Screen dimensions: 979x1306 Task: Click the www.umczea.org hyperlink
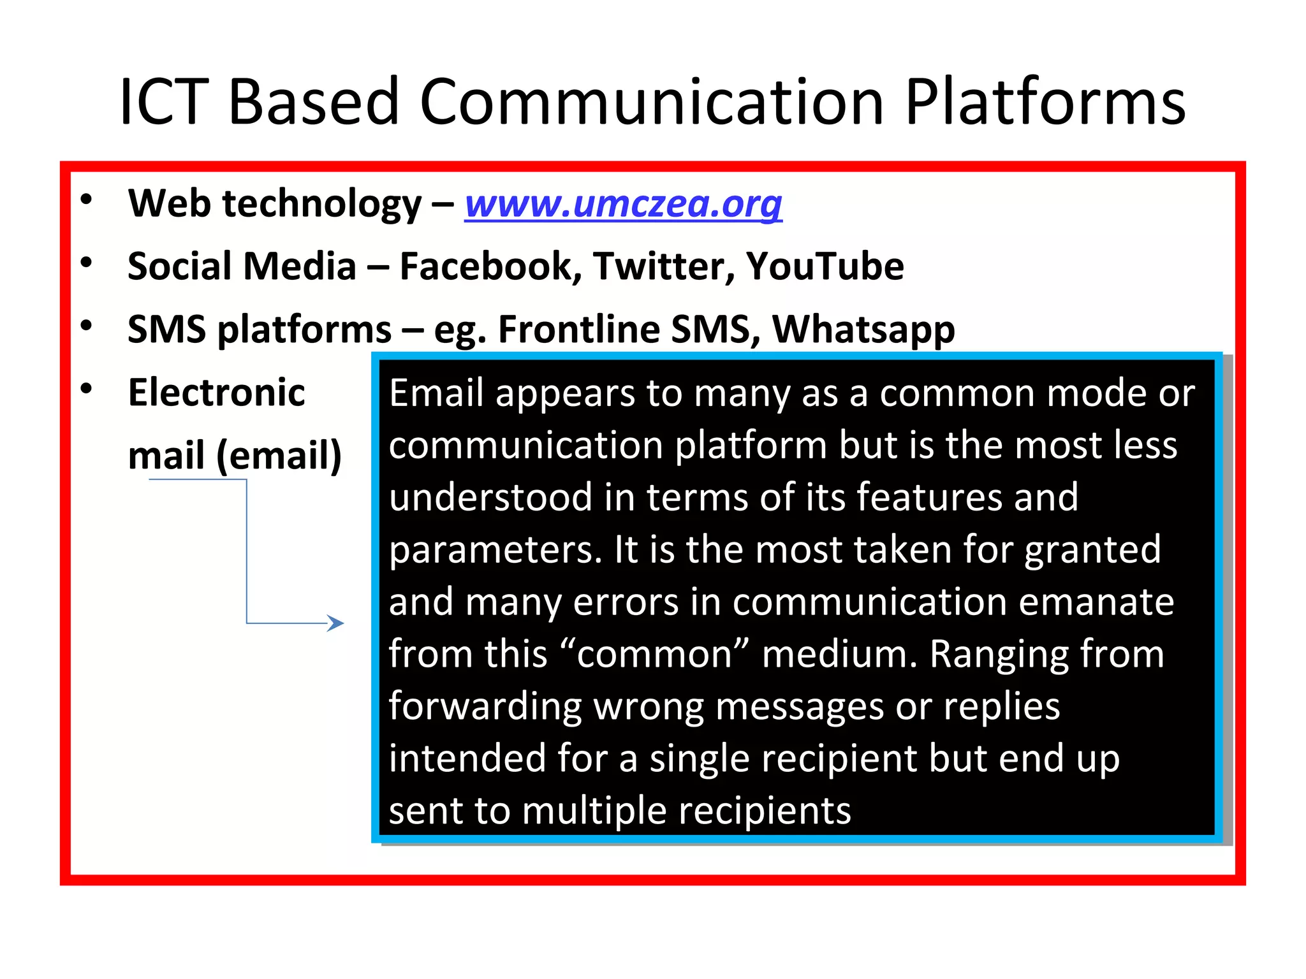pyautogui.click(x=623, y=204)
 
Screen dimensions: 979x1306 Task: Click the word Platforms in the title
pyautogui.click(x=1045, y=102)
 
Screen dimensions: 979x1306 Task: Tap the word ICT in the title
pyautogui.click(x=164, y=102)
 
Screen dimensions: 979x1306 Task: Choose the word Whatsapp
pyautogui.click(x=863, y=330)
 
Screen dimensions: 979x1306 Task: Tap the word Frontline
pyautogui.click(x=578, y=330)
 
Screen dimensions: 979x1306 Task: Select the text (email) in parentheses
pyautogui.click(x=279, y=456)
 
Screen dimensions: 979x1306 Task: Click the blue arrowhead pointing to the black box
pyautogui.click(x=336, y=623)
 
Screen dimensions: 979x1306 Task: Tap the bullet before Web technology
pyautogui.click(x=87, y=200)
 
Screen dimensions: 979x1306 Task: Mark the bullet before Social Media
pyautogui.click(x=87, y=263)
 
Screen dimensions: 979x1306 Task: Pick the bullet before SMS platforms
pyautogui.click(x=87, y=326)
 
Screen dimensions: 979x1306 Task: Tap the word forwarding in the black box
pyautogui.click(x=485, y=706)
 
